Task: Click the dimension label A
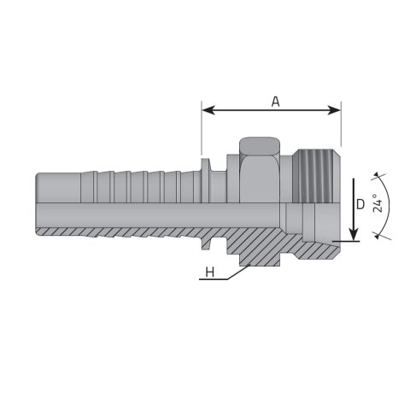coord(275,102)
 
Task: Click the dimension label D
coord(360,204)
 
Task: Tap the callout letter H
coord(210,272)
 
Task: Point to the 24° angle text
coord(378,203)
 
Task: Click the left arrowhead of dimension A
coord(208,110)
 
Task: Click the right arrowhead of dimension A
coord(334,110)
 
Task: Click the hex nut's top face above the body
coord(260,146)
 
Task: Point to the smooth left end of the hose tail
coord(58,188)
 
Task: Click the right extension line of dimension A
coord(341,123)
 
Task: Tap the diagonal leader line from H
coord(238,272)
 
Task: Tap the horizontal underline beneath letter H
coord(214,279)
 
